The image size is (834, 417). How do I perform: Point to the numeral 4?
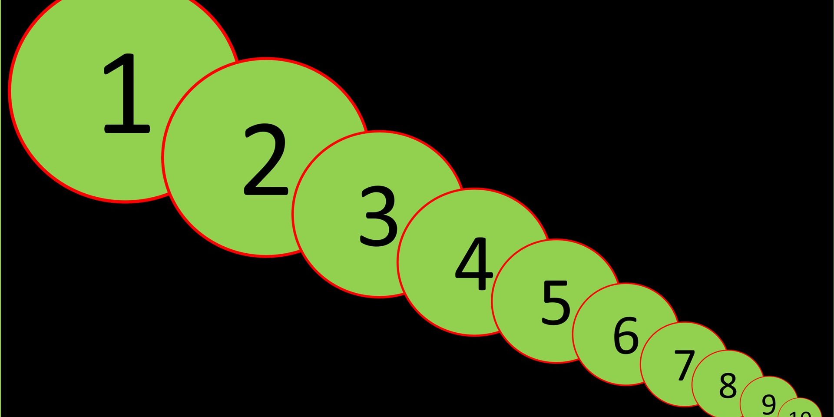click(x=474, y=264)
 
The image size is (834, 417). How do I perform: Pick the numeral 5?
click(x=556, y=302)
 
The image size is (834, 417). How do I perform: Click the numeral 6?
click(x=626, y=335)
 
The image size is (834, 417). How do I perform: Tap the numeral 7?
click(x=685, y=365)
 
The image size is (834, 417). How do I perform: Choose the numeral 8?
click(x=728, y=385)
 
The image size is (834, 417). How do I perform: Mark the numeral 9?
click(x=768, y=404)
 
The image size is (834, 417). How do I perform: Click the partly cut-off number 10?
click(x=800, y=413)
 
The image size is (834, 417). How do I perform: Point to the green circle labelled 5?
click(x=521, y=330)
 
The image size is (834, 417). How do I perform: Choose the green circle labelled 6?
click(x=599, y=356)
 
